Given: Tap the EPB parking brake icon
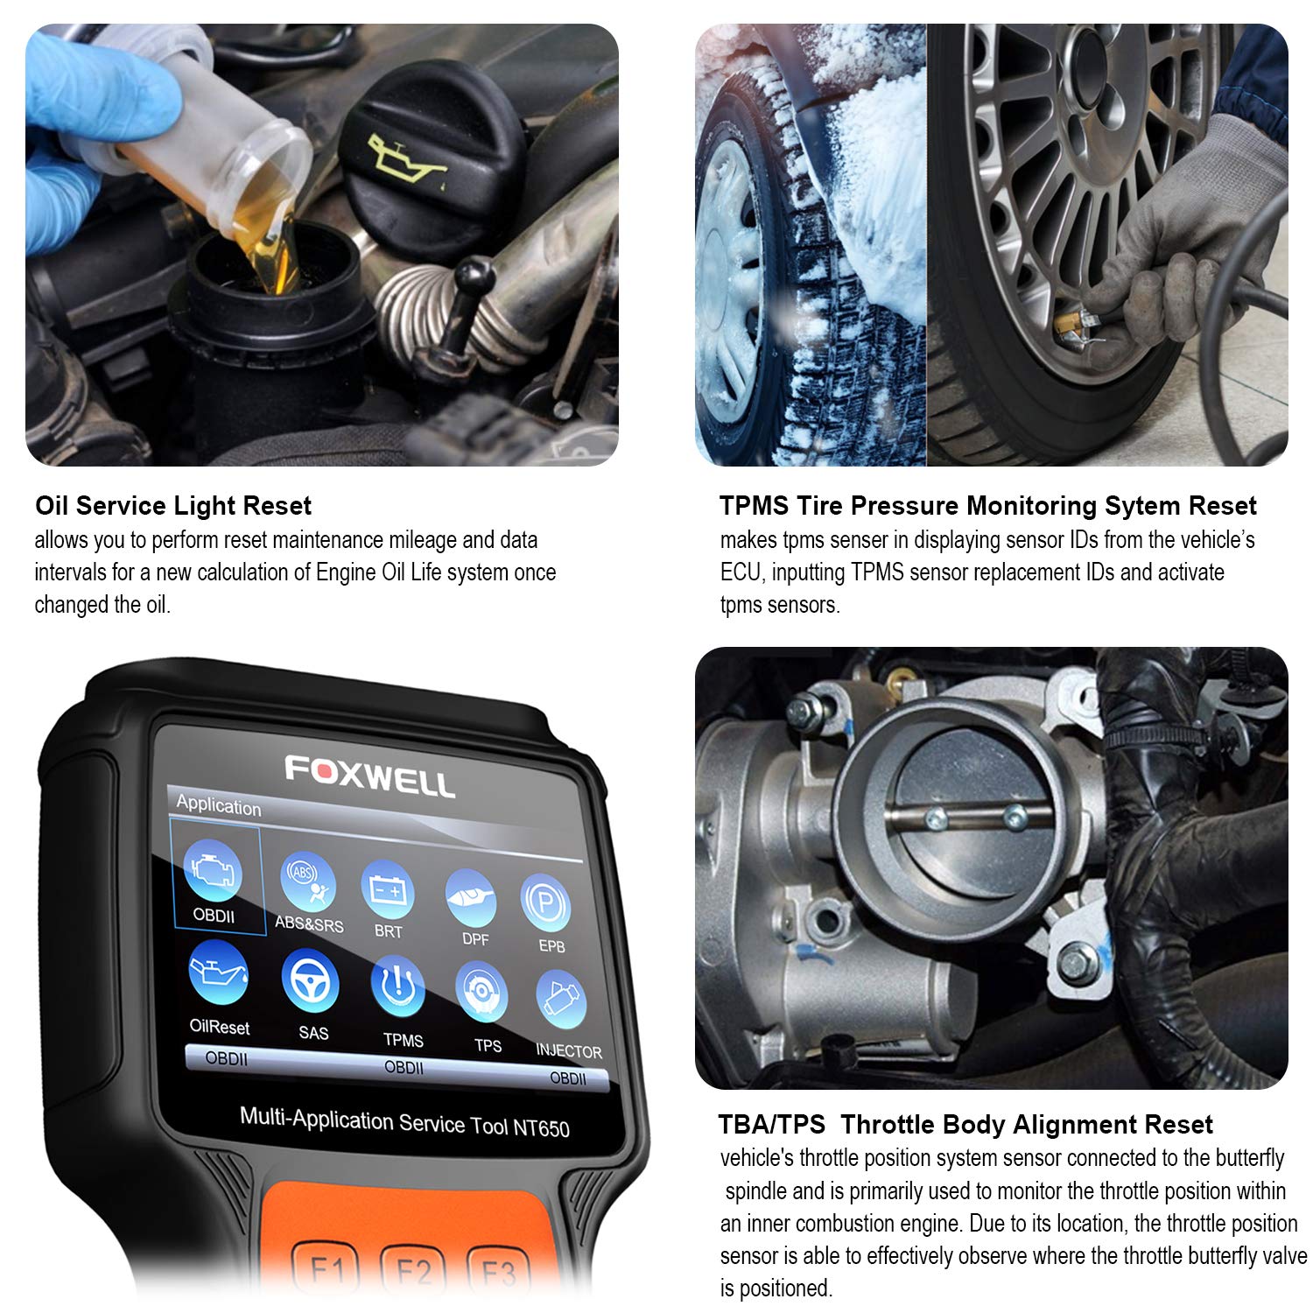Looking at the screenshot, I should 546,906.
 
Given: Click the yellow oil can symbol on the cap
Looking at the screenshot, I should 404,160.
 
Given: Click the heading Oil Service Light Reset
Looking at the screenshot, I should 173,506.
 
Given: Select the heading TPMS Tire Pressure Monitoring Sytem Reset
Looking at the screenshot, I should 987,506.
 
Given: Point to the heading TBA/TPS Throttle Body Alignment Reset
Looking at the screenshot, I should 965,1125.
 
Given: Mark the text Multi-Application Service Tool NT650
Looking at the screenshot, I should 404,1122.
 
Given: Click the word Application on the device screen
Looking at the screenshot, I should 219,805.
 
